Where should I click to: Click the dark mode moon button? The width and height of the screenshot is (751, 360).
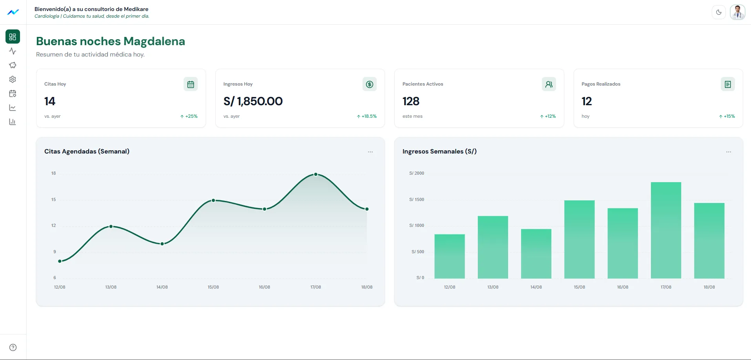click(719, 12)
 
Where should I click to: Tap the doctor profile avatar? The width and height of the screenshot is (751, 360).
click(738, 12)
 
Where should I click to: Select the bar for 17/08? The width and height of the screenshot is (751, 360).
click(666, 230)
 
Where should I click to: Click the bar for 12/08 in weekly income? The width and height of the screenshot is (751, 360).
click(450, 256)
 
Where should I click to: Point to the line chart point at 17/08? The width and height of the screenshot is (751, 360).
click(316, 174)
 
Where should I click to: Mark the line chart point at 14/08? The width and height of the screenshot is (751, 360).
click(162, 244)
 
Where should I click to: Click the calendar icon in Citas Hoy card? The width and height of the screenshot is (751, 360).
click(191, 84)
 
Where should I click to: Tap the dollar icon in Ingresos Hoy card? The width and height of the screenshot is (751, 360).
click(370, 84)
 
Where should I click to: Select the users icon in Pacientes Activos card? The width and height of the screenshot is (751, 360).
click(549, 84)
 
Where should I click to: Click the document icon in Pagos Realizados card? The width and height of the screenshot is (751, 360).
click(728, 84)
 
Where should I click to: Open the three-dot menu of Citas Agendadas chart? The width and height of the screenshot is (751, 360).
click(370, 152)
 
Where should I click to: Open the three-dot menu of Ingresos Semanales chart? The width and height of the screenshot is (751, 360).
click(729, 152)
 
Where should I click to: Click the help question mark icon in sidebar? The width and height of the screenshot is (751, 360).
click(13, 347)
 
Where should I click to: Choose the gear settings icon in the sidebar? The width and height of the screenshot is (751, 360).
click(13, 79)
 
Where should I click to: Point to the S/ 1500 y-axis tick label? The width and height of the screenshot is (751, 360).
click(417, 199)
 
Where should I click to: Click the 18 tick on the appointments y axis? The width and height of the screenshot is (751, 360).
click(54, 173)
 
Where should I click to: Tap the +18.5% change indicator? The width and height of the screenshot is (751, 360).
click(367, 116)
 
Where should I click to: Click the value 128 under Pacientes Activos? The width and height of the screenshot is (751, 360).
click(411, 101)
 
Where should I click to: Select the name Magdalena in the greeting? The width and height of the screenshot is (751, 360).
click(154, 41)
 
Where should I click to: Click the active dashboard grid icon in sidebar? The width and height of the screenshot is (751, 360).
click(13, 37)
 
